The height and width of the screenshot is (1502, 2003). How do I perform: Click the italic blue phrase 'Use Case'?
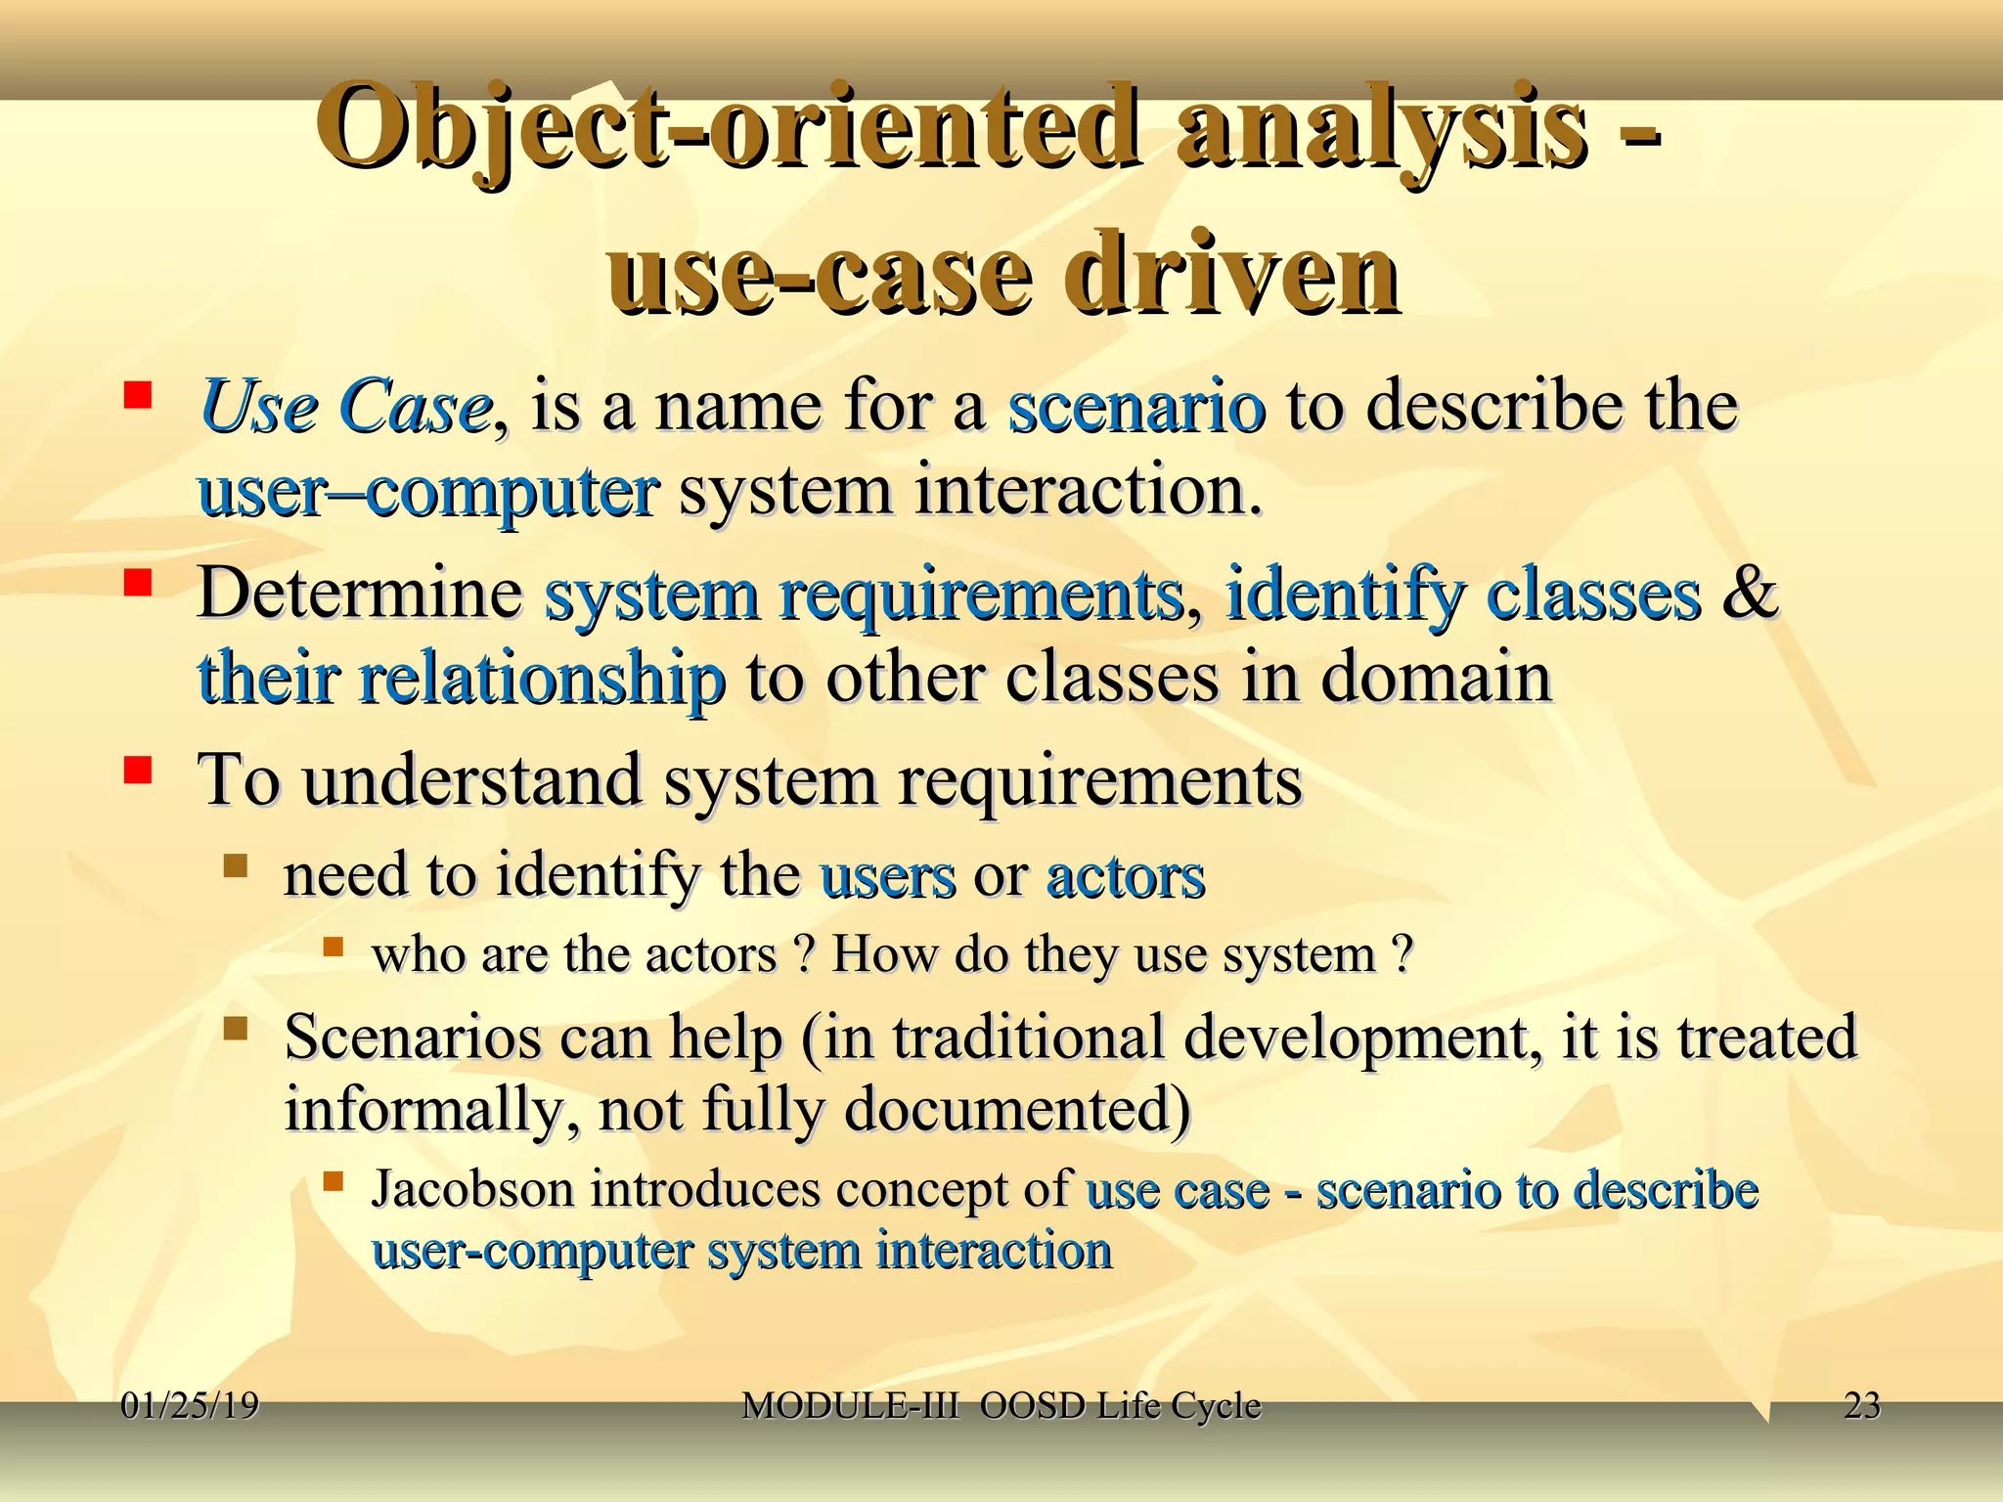click(x=344, y=406)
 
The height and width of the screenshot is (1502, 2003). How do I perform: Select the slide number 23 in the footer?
click(x=1861, y=1406)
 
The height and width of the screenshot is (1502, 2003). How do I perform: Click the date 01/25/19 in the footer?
click(x=190, y=1406)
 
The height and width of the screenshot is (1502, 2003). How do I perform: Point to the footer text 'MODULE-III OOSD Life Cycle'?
click(x=1001, y=1406)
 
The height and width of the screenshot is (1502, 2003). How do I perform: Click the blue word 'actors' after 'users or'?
click(x=1125, y=875)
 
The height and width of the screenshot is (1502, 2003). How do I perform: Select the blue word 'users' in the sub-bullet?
click(x=887, y=875)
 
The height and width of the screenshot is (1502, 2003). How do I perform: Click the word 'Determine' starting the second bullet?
click(x=359, y=593)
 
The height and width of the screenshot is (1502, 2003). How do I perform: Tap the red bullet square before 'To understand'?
click(x=138, y=771)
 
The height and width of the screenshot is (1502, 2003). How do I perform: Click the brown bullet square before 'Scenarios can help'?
click(x=236, y=1029)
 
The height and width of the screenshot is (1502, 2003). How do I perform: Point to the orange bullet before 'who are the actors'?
click(x=334, y=947)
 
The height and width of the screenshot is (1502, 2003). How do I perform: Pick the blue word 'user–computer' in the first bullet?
click(x=427, y=490)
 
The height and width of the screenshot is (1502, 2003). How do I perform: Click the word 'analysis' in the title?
click(x=1380, y=129)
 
